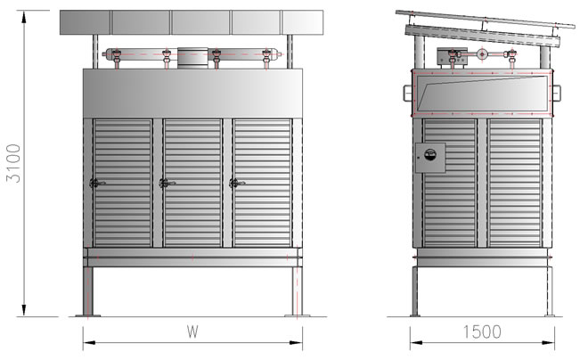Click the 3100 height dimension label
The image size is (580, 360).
click(13, 163)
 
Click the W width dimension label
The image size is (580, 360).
click(192, 331)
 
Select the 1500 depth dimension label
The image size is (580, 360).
click(482, 331)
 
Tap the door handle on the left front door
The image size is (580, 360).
click(97, 183)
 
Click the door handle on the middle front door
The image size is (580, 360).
click(167, 183)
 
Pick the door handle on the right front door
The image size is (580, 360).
click(237, 183)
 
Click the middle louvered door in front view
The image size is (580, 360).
click(192, 183)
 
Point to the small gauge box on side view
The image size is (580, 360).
click(430, 158)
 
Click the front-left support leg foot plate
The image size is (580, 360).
click(87, 315)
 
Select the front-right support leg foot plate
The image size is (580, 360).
click(297, 315)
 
